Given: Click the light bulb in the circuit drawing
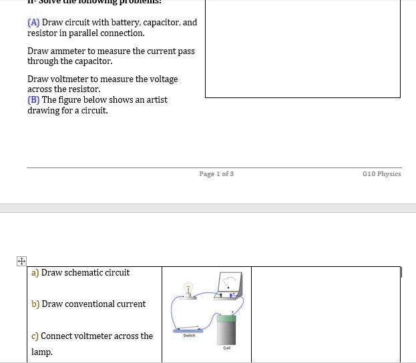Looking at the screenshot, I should tap(188, 289).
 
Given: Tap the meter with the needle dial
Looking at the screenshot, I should tap(230, 285).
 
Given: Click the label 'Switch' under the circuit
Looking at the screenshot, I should tap(189, 336).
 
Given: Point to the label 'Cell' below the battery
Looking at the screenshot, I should tap(226, 348).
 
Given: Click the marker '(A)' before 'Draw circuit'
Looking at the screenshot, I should tap(33, 23).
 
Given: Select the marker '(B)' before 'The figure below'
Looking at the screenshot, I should tap(33, 100).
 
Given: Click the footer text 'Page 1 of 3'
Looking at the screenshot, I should tap(216, 174).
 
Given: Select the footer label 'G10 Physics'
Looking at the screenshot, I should tap(381, 174).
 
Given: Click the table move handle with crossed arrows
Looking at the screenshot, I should tap(21, 261).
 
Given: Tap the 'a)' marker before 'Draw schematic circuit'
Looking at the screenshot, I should tap(35, 273).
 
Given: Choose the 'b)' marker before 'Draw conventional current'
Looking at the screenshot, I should tap(35, 304).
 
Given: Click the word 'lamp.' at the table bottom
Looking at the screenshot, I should tap(41, 352).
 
